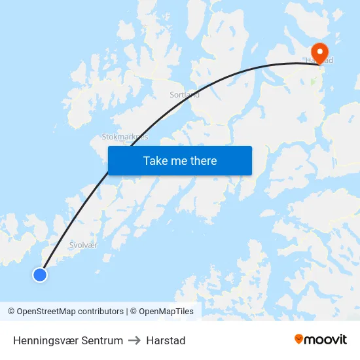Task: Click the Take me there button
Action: click(x=180, y=161)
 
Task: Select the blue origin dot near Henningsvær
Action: click(x=40, y=275)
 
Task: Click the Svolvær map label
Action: click(x=83, y=245)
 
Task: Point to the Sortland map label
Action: click(x=185, y=94)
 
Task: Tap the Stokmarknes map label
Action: click(x=124, y=137)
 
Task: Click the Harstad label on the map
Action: click(x=319, y=61)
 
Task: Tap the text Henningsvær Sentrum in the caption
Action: click(x=68, y=340)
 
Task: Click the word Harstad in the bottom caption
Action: click(x=166, y=340)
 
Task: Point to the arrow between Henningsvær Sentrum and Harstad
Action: click(x=135, y=340)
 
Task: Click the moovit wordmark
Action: click(x=325, y=339)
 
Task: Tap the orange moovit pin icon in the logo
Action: click(x=299, y=339)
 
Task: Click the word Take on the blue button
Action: click(x=154, y=161)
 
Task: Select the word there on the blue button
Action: click(x=202, y=161)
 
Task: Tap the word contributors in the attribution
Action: click(x=100, y=312)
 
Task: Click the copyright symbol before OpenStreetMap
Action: click(x=11, y=312)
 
